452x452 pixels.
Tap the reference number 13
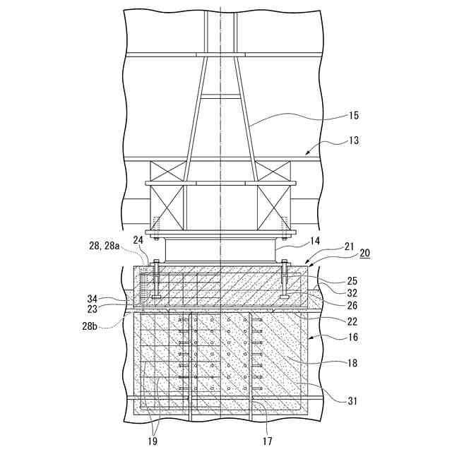(353, 141)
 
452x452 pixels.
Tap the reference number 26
(352, 306)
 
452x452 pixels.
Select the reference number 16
(352, 338)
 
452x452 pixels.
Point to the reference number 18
(352, 364)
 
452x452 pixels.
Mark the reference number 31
(352, 401)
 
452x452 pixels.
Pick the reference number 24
(137, 239)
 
